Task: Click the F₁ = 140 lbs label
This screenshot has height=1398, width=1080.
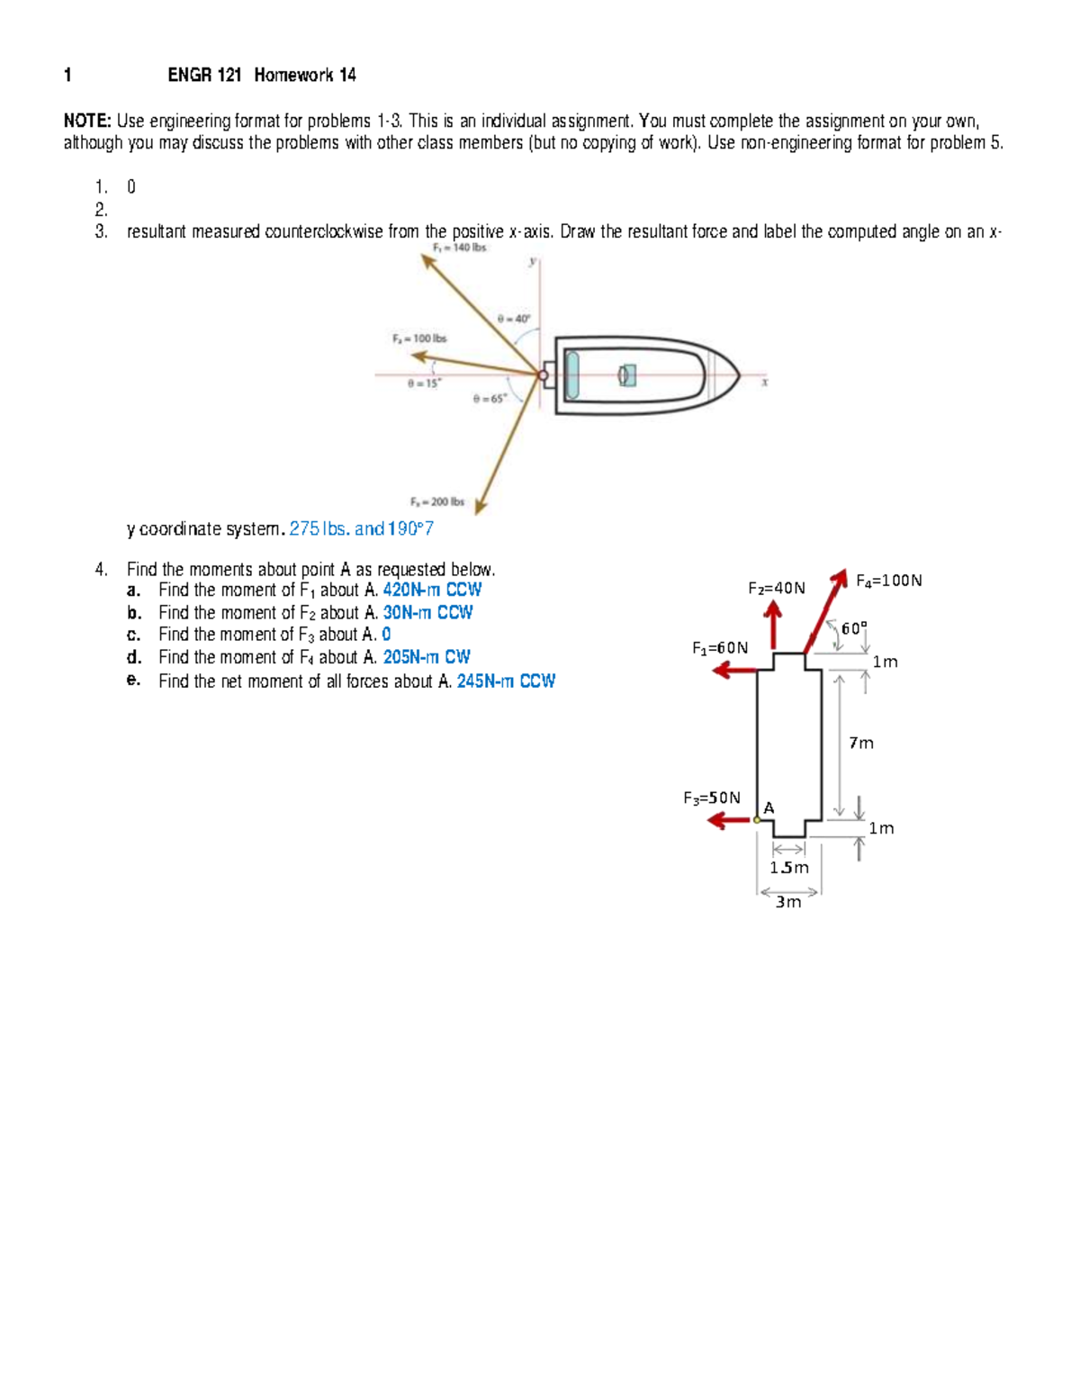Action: [459, 248]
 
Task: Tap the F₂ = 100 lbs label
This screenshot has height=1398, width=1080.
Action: [418, 338]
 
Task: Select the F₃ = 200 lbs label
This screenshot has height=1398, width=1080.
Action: [436, 501]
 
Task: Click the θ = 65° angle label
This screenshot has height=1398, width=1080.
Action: [490, 398]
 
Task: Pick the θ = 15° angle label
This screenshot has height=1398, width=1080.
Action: [424, 383]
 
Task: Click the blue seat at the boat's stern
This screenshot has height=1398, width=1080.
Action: [572, 374]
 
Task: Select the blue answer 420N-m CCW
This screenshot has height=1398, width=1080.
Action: [432, 590]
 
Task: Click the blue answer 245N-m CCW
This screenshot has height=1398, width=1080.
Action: [506, 681]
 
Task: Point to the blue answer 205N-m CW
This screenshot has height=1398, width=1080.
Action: [427, 657]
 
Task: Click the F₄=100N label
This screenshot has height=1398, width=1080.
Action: [888, 581]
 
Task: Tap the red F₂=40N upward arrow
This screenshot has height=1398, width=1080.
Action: [772, 623]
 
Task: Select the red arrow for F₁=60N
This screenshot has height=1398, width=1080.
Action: [733, 670]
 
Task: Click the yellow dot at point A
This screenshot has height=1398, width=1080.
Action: [757, 819]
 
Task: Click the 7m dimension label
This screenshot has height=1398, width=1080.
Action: [861, 743]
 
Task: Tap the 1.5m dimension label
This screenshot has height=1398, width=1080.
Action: [788, 868]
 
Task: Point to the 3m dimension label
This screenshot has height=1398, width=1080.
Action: [788, 902]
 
